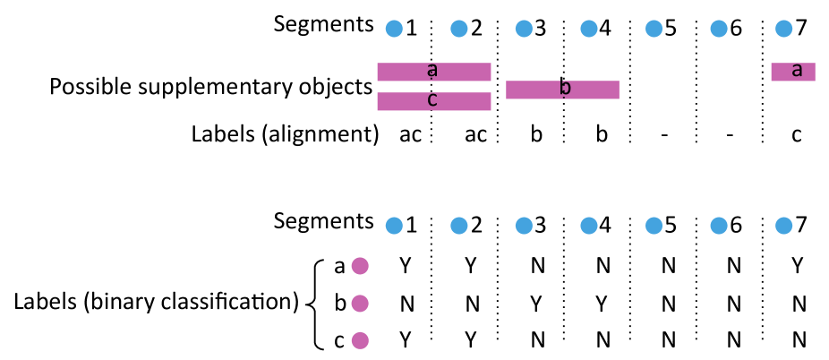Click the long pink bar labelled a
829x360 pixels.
[433, 72]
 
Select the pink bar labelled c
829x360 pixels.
[433, 101]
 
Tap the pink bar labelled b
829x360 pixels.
[562, 90]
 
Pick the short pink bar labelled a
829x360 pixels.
[792, 72]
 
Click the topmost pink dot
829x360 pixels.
[360, 266]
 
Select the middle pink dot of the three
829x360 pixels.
[360, 304]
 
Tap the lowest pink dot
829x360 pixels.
[360, 340]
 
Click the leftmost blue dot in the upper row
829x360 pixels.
[394, 29]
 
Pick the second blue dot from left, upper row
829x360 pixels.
[459, 29]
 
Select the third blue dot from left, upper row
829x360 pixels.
[524, 29]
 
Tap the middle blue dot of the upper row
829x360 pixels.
[589, 29]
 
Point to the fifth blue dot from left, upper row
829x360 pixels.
[654, 29]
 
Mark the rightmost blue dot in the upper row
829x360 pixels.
[784, 29]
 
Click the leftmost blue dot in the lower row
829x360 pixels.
[394, 226]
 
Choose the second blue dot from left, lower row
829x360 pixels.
[459, 226]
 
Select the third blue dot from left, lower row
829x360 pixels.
[524, 226]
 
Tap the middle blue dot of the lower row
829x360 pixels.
[589, 226]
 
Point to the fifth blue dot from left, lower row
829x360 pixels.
[654, 226]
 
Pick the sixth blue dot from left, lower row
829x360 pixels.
[719, 226]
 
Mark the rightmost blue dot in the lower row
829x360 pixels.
[784, 226]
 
